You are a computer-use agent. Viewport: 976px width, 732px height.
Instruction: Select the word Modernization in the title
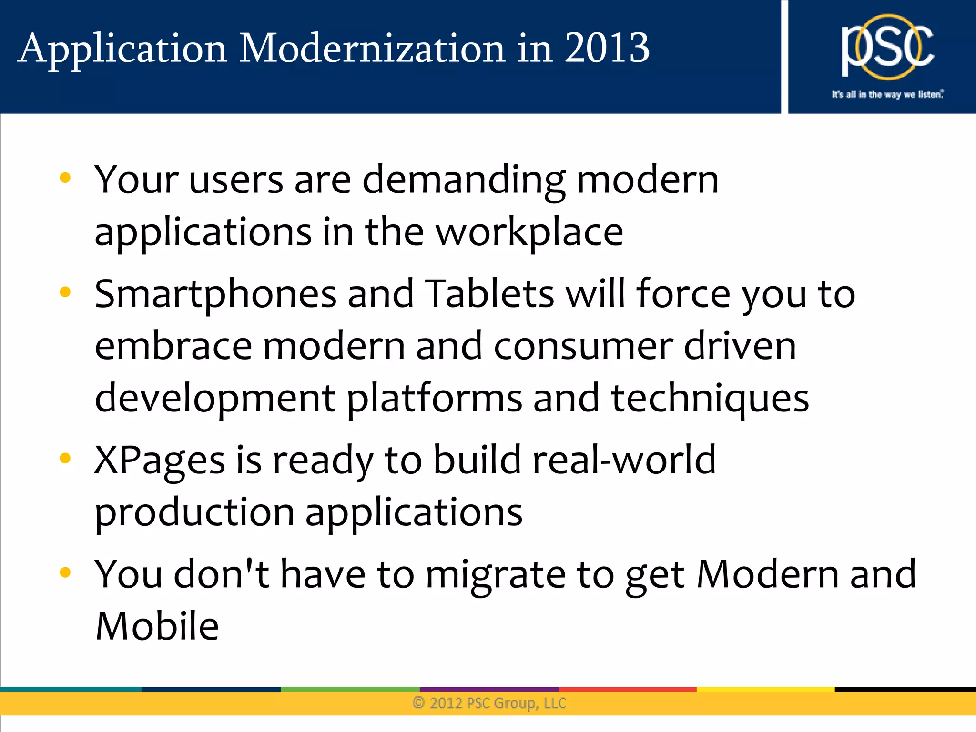click(372, 48)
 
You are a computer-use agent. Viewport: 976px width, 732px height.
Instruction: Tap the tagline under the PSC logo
click(887, 94)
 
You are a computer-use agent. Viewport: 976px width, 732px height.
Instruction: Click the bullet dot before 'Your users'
click(65, 178)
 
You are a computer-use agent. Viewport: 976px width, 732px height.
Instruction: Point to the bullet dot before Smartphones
click(65, 291)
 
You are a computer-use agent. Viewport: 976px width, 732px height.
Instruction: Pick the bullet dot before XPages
click(65, 458)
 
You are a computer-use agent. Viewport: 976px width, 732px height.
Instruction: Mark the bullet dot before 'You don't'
click(65, 572)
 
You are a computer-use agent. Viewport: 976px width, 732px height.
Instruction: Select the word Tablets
click(489, 294)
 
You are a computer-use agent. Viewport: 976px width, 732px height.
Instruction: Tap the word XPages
click(160, 461)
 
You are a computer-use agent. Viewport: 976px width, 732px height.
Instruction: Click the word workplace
click(529, 233)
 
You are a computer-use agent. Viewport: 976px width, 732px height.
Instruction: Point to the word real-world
click(624, 460)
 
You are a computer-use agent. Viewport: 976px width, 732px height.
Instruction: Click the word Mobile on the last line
click(157, 626)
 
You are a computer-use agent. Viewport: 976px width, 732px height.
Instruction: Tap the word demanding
click(464, 181)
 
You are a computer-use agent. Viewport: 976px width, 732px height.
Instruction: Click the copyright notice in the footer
click(489, 703)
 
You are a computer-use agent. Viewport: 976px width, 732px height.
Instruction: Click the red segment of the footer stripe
click(627, 689)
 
